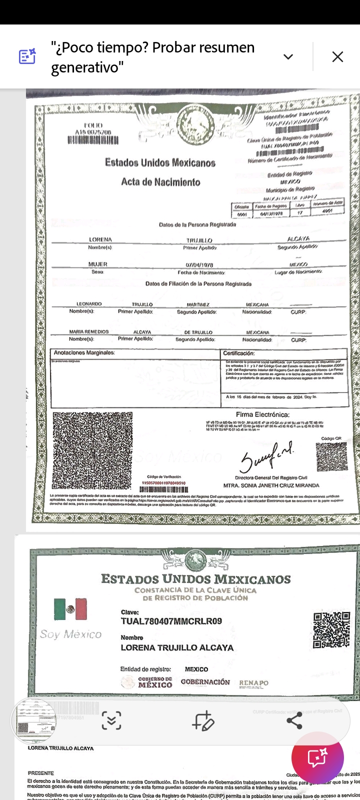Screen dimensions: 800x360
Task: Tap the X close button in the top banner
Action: (337, 57)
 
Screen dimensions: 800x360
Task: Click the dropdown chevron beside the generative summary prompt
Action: (288, 57)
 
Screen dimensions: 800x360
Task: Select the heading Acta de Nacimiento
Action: (160, 182)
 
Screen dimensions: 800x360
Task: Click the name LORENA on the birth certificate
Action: (100, 239)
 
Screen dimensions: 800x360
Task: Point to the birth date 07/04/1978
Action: (199, 265)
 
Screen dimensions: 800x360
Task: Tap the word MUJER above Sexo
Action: (97, 264)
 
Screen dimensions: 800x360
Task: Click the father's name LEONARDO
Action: (89, 304)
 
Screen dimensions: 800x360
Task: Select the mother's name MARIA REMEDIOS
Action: (89, 332)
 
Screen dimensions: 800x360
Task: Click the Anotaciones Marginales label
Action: (84, 353)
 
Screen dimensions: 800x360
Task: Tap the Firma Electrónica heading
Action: (262, 414)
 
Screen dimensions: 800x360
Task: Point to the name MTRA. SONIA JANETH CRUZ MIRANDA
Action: (271, 485)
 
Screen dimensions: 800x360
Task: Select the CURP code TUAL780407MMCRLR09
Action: (171, 621)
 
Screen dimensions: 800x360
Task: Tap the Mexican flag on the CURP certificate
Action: (70, 609)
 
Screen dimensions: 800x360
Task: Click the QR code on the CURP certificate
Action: (331, 629)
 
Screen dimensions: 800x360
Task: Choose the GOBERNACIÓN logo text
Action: (205, 682)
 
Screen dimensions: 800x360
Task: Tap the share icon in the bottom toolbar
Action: (294, 720)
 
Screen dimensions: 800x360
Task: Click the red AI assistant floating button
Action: (317, 758)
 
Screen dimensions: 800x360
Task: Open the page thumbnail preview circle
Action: (33, 720)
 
